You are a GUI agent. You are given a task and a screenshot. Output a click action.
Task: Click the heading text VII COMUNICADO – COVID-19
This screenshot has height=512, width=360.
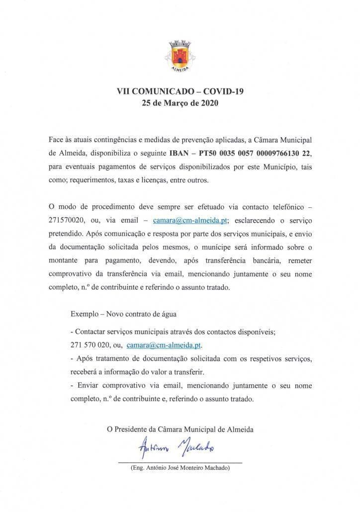(180, 91)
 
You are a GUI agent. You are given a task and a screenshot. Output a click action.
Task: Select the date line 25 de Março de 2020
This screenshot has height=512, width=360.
(180, 104)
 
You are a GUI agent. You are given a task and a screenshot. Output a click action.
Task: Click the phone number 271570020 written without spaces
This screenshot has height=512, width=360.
(67, 219)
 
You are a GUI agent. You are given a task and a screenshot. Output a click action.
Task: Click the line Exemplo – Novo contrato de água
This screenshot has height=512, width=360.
(123, 314)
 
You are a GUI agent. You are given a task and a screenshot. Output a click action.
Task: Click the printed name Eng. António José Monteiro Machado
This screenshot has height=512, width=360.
(180, 468)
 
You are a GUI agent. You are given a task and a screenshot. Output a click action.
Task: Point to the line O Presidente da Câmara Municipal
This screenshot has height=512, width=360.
(180, 429)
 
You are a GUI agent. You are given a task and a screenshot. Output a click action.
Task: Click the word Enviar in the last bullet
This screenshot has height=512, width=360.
(87, 385)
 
